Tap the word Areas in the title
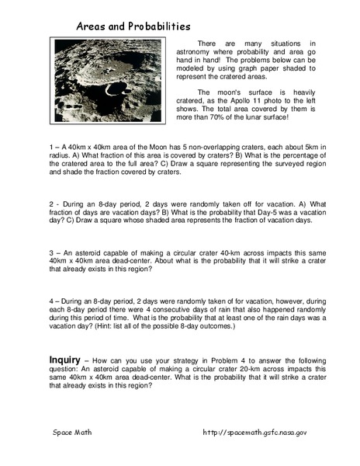click(92, 26)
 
